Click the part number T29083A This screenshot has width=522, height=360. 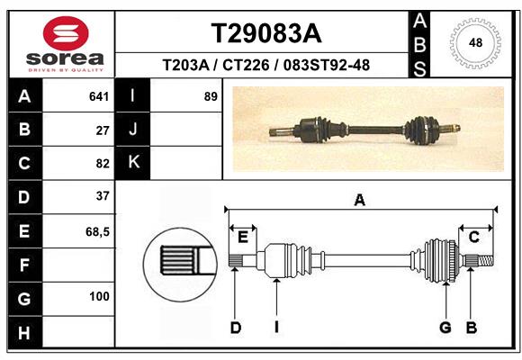click(x=265, y=33)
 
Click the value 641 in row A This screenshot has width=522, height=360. click(x=99, y=96)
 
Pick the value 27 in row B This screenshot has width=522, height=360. click(x=103, y=130)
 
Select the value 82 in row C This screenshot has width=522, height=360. click(x=103, y=163)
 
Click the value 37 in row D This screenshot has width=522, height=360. click(x=103, y=196)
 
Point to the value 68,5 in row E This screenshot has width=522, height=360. click(x=97, y=231)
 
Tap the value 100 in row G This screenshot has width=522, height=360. click(x=99, y=297)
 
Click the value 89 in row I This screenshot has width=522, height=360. click(x=211, y=96)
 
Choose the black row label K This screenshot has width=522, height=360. click(x=133, y=163)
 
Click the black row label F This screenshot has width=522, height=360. click(x=24, y=265)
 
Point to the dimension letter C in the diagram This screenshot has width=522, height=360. click(x=473, y=237)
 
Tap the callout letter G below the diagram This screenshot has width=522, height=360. click(x=445, y=328)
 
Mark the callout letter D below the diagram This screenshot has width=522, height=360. click(x=235, y=328)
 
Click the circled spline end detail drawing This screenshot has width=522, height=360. click(x=178, y=262)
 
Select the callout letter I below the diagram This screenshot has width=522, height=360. click(x=277, y=328)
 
